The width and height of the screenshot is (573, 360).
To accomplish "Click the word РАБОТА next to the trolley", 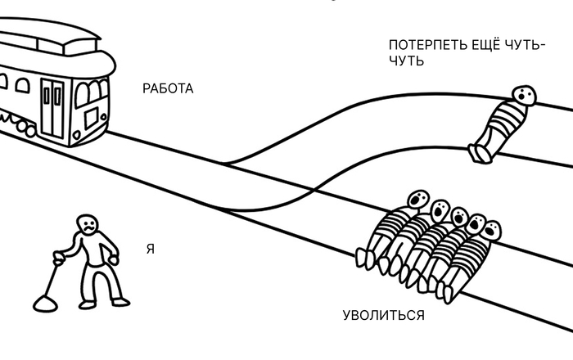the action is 168,88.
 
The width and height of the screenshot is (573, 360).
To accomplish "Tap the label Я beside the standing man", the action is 151,249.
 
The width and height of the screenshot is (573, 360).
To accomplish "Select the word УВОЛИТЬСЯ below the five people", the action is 384,315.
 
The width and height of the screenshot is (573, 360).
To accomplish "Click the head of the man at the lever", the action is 88,225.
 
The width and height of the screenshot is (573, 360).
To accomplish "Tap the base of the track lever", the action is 45,304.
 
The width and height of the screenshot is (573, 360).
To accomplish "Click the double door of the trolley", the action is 52,109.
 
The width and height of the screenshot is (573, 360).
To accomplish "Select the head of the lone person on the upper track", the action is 523,96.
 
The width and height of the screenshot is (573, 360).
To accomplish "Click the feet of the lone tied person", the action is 480,153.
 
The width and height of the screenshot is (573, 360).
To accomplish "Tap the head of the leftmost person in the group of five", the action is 418,200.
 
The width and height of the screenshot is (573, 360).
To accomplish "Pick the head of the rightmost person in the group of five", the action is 491,231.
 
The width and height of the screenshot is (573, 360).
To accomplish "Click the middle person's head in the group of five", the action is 458,218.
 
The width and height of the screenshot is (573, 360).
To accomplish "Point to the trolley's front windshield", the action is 92,92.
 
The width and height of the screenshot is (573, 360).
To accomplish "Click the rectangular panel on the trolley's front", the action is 92,118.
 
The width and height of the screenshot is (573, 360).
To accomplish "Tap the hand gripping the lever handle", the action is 58,254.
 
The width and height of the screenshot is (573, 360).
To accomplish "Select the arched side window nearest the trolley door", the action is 22,86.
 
